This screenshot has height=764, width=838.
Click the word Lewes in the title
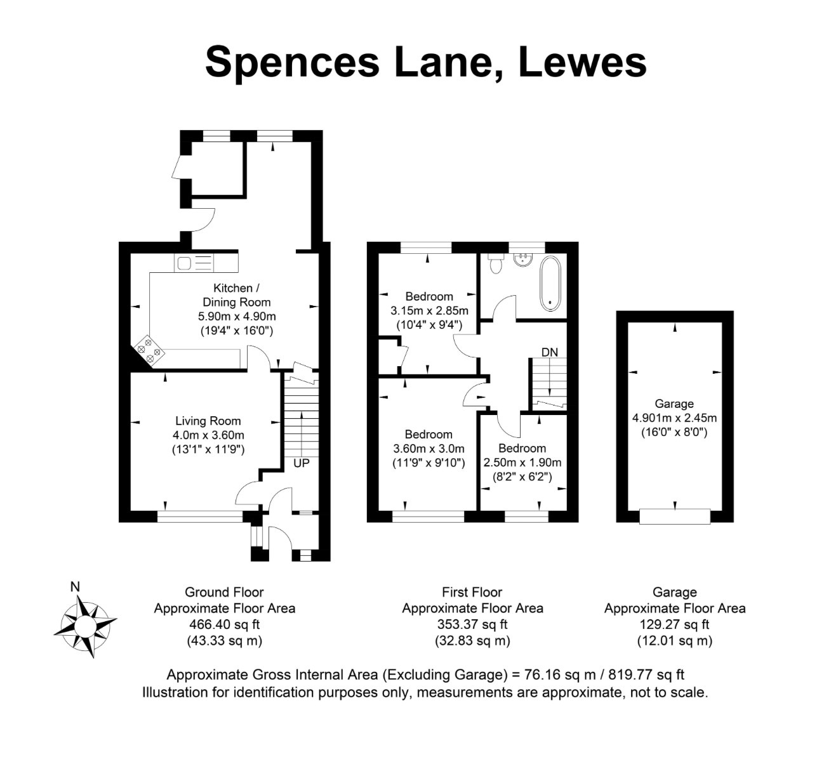pos(582,63)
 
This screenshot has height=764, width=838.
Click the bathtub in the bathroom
pos(550,283)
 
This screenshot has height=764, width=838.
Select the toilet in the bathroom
pos(496,263)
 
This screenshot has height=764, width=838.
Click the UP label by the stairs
pos(301,463)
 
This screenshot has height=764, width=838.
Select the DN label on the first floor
pos(549,352)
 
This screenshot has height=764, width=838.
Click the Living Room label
pos(208,421)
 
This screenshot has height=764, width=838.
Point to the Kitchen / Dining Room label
pos(236,295)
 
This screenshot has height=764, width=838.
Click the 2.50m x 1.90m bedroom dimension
pos(522,463)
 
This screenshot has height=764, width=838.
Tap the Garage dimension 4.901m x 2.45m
pos(674,418)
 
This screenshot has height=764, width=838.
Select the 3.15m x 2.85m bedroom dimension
pos(429,311)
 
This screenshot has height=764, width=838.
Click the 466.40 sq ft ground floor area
pos(224,624)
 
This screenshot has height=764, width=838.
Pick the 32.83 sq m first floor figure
pos(472,641)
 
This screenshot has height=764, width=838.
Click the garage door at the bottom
pos(675,517)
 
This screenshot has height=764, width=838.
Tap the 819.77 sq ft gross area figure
pos(646,675)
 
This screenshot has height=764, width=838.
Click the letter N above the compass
pos(75,587)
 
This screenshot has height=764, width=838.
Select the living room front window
pos(200,517)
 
